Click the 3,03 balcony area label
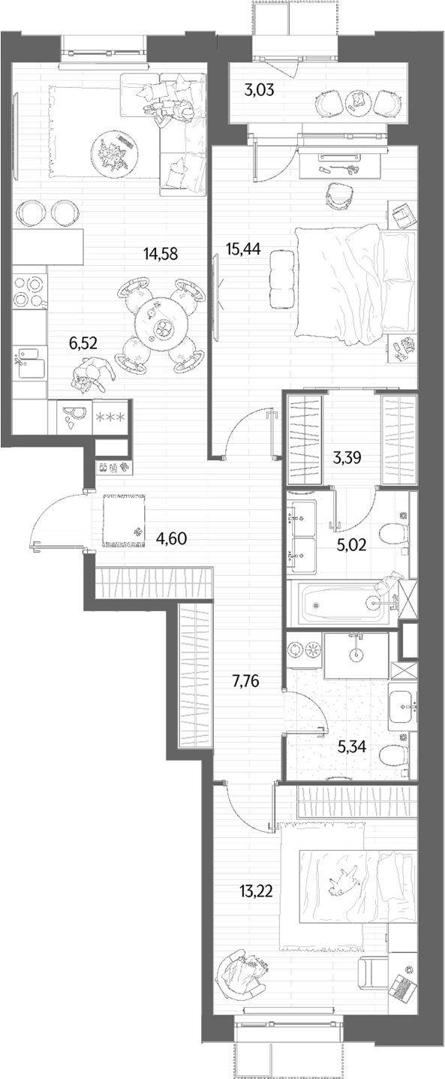259,90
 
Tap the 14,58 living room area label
161,253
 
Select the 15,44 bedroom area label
243,249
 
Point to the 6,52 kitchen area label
83,343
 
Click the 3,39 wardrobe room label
347,457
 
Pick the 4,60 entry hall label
171,538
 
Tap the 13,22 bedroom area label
256,891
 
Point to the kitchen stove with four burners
29,291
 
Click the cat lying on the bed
344,880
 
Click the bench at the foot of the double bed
282,279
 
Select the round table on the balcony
357,101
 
